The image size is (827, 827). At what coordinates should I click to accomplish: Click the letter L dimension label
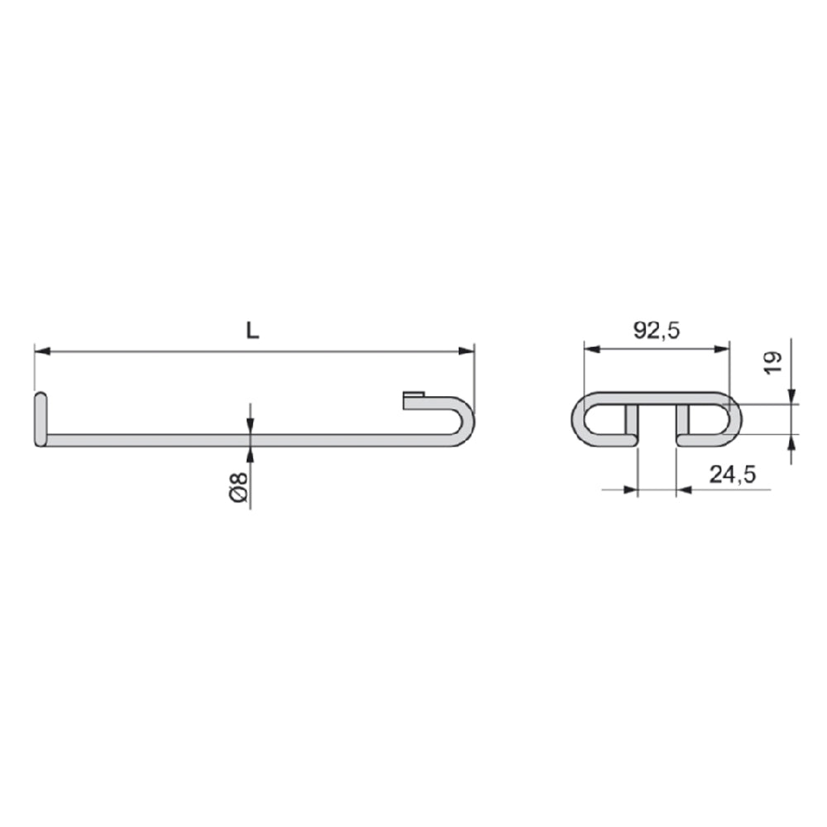[x=253, y=331]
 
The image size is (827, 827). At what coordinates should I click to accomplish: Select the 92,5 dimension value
[x=657, y=331]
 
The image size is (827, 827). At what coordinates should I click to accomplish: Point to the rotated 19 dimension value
[x=772, y=362]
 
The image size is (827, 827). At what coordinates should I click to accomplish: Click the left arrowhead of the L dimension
[x=41, y=351]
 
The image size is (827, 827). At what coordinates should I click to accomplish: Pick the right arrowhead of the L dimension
[x=468, y=351]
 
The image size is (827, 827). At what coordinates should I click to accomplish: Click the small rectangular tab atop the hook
[x=413, y=399]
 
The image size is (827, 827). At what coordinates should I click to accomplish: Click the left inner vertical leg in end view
[x=632, y=422]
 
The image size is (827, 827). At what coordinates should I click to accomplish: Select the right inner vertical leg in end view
[x=683, y=422]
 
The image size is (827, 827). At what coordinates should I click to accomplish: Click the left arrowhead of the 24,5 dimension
[x=633, y=490]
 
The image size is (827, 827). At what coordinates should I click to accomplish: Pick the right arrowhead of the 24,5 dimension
[x=684, y=490]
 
